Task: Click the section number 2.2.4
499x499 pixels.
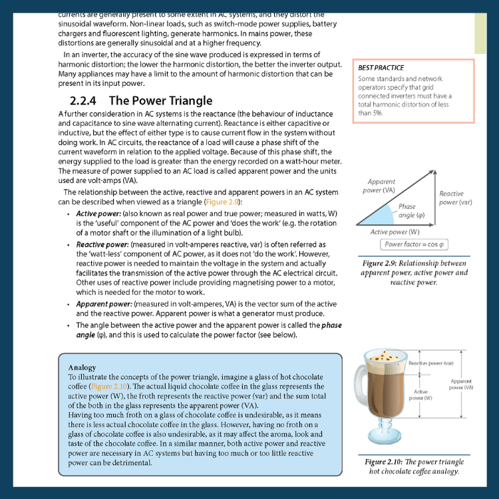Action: (84, 101)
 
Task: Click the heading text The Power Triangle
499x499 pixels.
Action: (160, 101)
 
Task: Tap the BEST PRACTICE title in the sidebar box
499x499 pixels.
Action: (381, 68)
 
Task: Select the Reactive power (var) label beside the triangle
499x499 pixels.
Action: (456, 198)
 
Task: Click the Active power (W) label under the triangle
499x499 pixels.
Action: (395, 232)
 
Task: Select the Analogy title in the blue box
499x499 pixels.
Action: (82, 367)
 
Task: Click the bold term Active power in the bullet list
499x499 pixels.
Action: (97, 214)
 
